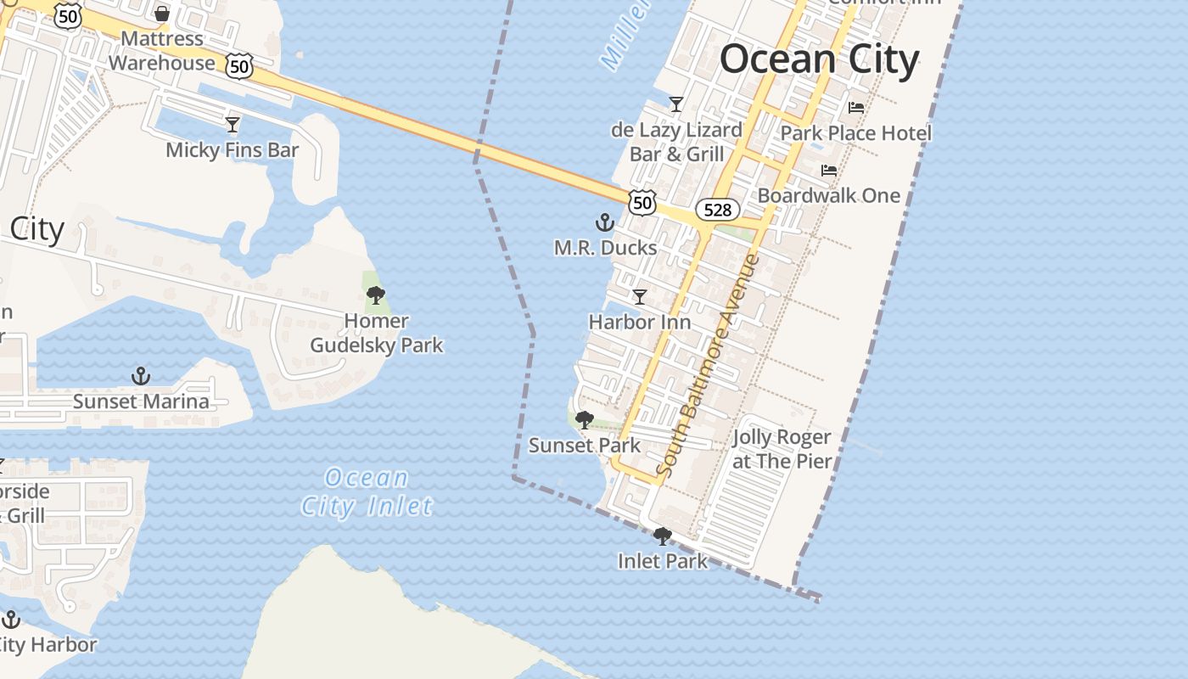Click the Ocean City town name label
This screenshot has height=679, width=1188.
coord(819,59)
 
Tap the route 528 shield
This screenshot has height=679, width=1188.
coord(717,209)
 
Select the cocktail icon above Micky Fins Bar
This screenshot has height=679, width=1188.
coord(233,125)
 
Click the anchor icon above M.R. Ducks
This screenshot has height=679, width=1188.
coord(604,223)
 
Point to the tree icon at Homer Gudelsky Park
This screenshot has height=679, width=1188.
coord(376,296)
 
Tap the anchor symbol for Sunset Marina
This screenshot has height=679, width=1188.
coord(141,376)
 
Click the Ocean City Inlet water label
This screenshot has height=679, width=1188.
coord(367,492)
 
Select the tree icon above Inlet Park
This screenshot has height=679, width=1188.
coord(662,536)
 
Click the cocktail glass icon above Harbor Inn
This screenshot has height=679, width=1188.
coord(640,297)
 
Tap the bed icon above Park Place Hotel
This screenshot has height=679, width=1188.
coord(855,108)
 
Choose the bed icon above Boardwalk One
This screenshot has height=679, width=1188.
coord(828,171)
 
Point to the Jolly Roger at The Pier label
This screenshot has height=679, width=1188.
coord(782,450)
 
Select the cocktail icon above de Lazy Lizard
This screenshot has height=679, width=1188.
coord(676,104)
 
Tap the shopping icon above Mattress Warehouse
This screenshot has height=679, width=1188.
coord(162,14)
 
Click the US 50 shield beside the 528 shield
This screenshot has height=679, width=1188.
coord(642,202)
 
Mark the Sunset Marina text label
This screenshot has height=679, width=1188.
coord(141,401)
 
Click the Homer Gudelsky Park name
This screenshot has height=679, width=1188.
coord(377,334)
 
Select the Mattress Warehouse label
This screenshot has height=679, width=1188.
coord(162,51)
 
